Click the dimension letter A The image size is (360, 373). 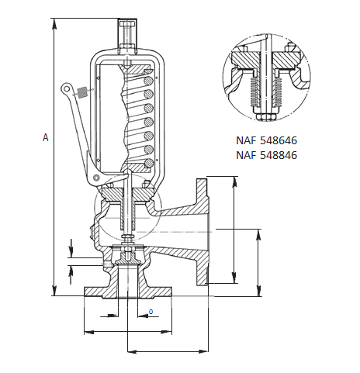click(45, 137)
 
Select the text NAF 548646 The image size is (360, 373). click(267, 141)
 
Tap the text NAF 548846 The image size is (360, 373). click(267, 155)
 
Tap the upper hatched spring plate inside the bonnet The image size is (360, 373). click(129, 67)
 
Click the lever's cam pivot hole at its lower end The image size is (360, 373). click(96, 179)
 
